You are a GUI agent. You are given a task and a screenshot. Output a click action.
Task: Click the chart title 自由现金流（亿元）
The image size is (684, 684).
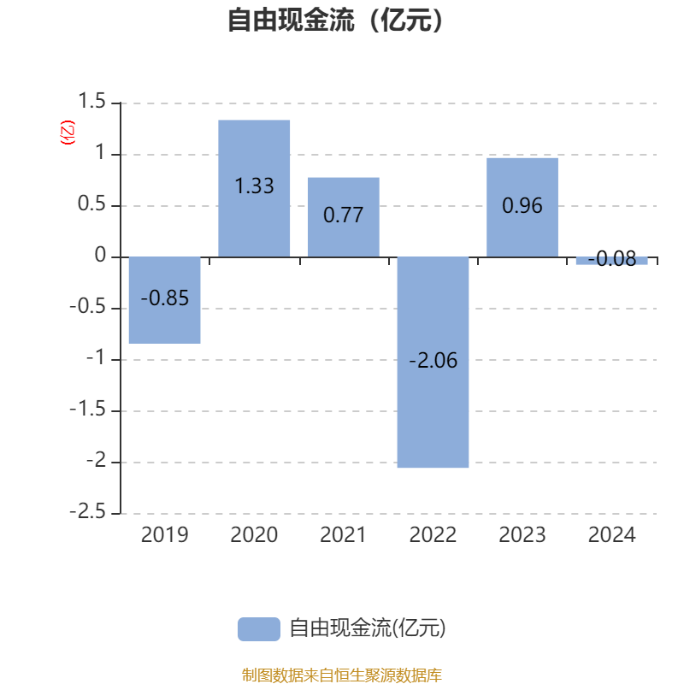[x=335, y=20]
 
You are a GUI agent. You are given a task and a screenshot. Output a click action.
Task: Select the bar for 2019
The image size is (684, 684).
[x=164, y=300]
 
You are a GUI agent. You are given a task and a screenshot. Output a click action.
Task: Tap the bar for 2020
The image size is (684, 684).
[x=254, y=188]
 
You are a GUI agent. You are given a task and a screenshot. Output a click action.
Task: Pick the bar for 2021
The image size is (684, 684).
[x=344, y=217]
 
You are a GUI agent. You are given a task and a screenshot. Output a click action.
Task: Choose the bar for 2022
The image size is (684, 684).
[x=433, y=362]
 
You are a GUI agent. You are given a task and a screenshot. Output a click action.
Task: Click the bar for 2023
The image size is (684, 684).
[x=522, y=208]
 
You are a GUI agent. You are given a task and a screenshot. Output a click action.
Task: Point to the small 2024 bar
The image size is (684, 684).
[x=611, y=261]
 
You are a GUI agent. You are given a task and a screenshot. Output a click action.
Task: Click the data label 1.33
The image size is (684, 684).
[x=254, y=186]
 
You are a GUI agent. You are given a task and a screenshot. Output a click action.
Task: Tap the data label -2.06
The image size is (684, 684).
[x=433, y=360]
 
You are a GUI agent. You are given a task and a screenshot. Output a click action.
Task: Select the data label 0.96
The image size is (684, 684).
[x=522, y=205]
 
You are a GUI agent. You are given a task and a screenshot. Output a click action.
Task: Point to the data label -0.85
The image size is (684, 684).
[x=165, y=298]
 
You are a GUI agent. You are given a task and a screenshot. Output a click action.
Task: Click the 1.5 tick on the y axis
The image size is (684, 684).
[x=91, y=101]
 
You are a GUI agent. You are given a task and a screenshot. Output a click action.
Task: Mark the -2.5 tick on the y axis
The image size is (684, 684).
[x=88, y=511]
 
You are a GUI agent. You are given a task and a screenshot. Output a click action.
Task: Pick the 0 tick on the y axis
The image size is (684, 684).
[x=100, y=255]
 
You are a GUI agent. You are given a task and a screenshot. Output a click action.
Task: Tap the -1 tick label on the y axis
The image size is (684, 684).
[x=96, y=357]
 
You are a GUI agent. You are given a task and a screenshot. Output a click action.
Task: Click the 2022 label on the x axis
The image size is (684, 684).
[x=433, y=535]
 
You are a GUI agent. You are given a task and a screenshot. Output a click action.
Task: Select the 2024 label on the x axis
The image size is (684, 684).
[x=611, y=535]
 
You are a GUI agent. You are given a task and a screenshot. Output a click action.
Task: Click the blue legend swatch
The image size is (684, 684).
[x=259, y=629]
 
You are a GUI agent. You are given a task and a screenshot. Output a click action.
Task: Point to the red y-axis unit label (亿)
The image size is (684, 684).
[x=68, y=133]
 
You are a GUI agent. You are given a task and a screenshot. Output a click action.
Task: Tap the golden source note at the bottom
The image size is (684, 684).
[x=342, y=675]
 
